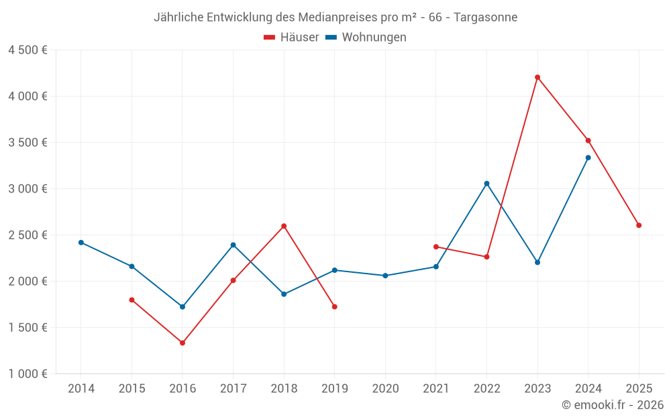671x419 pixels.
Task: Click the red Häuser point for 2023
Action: pyautogui.click(x=537, y=77)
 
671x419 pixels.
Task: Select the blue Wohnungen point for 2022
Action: pyautogui.click(x=486, y=184)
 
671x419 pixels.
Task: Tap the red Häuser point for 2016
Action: pyautogui.click(x=183, y=343)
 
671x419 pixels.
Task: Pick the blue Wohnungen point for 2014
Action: pyautogui.click(x=81, y=243)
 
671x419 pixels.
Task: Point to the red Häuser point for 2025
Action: pyautogui.click(x=639, y=225)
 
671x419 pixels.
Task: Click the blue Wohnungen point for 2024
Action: pyautogui.click(x=588, y=158)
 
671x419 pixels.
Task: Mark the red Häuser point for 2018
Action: pyautogui.click(x=284, y=226)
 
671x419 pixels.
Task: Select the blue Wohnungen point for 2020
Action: pyautogui.click(x=385, y=276)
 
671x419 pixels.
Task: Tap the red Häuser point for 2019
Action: pyautogui.click(x=335, y=306)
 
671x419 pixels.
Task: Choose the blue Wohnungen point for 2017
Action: pyautogui.click(x=234, y=245)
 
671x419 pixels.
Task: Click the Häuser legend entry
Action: pyautogui.click(x=291, y=38)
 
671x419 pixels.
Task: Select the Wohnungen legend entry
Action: pyautogui.click(x=366, y=38)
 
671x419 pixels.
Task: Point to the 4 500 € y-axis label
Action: pyautogui.click(x=28, y=50)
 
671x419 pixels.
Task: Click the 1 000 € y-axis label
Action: pyautogui.click(x=28, y=374)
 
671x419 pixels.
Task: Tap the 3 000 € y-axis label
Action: pyautogui.click(x=28, y=189)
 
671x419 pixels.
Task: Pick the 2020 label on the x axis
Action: pyautogui.click(x=385, y=389)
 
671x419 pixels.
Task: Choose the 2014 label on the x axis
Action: pyautogui.click(x=81, y=389)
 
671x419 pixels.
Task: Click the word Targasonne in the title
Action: pyautogui.click(x=485, y=17)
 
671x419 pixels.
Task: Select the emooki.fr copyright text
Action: pyautogui.click(x=612, y=405)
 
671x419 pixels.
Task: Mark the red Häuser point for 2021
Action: pyautogui.click(x=436, y=247)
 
